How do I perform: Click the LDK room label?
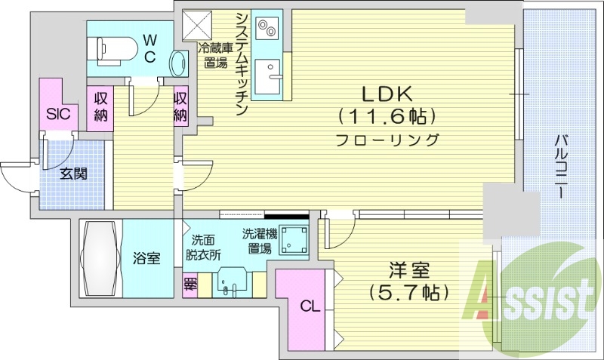tap(386, 94)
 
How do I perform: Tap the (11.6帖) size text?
tap(386, 116)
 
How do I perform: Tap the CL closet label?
tap(309, 306)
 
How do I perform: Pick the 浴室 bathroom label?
tap(146, 259)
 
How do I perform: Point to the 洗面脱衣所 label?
tap(203, 248)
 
